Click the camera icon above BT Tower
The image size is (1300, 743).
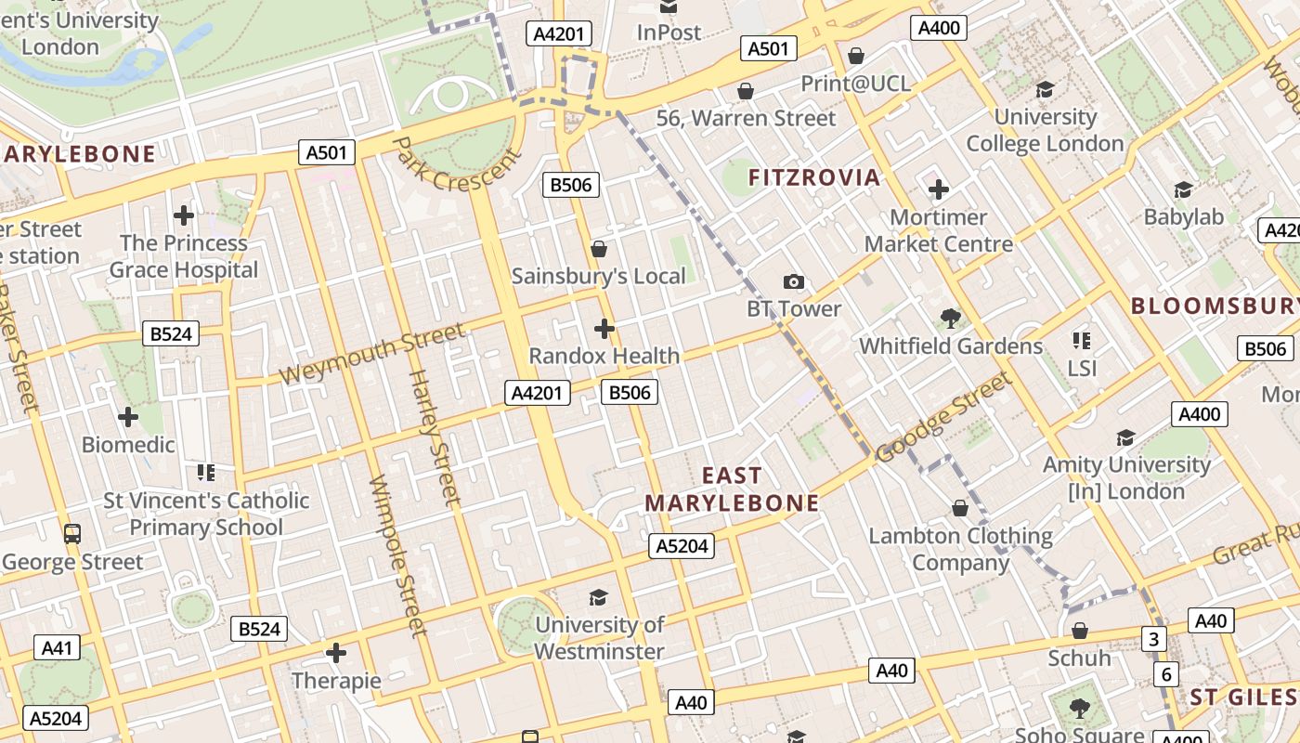coord(794,281)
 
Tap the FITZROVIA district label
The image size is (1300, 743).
coord(813,177)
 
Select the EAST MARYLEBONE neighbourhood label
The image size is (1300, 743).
coord(732,489)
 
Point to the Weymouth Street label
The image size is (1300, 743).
coord(372,353)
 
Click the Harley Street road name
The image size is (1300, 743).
coord(435,437)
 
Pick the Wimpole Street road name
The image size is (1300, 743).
coord(397,555)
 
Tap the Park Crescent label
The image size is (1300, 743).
coord(458,164)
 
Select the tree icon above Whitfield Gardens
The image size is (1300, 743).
coord(950,319)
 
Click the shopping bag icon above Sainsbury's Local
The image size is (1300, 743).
coord(599,249)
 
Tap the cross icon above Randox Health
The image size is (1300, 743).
coord(604,329)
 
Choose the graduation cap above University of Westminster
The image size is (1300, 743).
coord(599,597)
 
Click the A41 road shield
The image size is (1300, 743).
coord(57,647)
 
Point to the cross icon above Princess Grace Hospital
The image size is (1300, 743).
coord(184,215)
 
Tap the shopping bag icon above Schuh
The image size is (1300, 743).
coord(1079,632)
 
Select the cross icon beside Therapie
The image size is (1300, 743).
coord(336,653)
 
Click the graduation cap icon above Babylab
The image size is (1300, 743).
coord(1183,189)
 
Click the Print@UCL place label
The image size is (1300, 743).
coord(855,84)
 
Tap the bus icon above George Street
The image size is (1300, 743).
coord(72,534)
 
